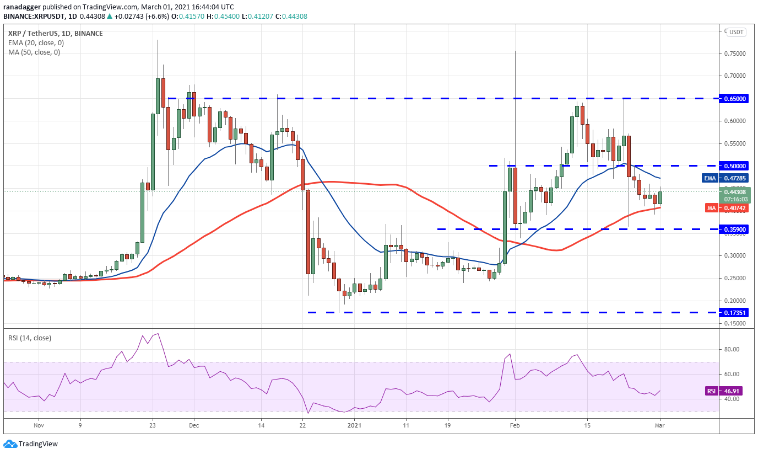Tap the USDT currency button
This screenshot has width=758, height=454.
pos(737,32)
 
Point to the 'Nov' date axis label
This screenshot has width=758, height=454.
pos(39,425)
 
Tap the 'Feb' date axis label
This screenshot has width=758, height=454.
pos(515,425)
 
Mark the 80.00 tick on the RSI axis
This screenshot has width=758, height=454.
pos(730,349)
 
